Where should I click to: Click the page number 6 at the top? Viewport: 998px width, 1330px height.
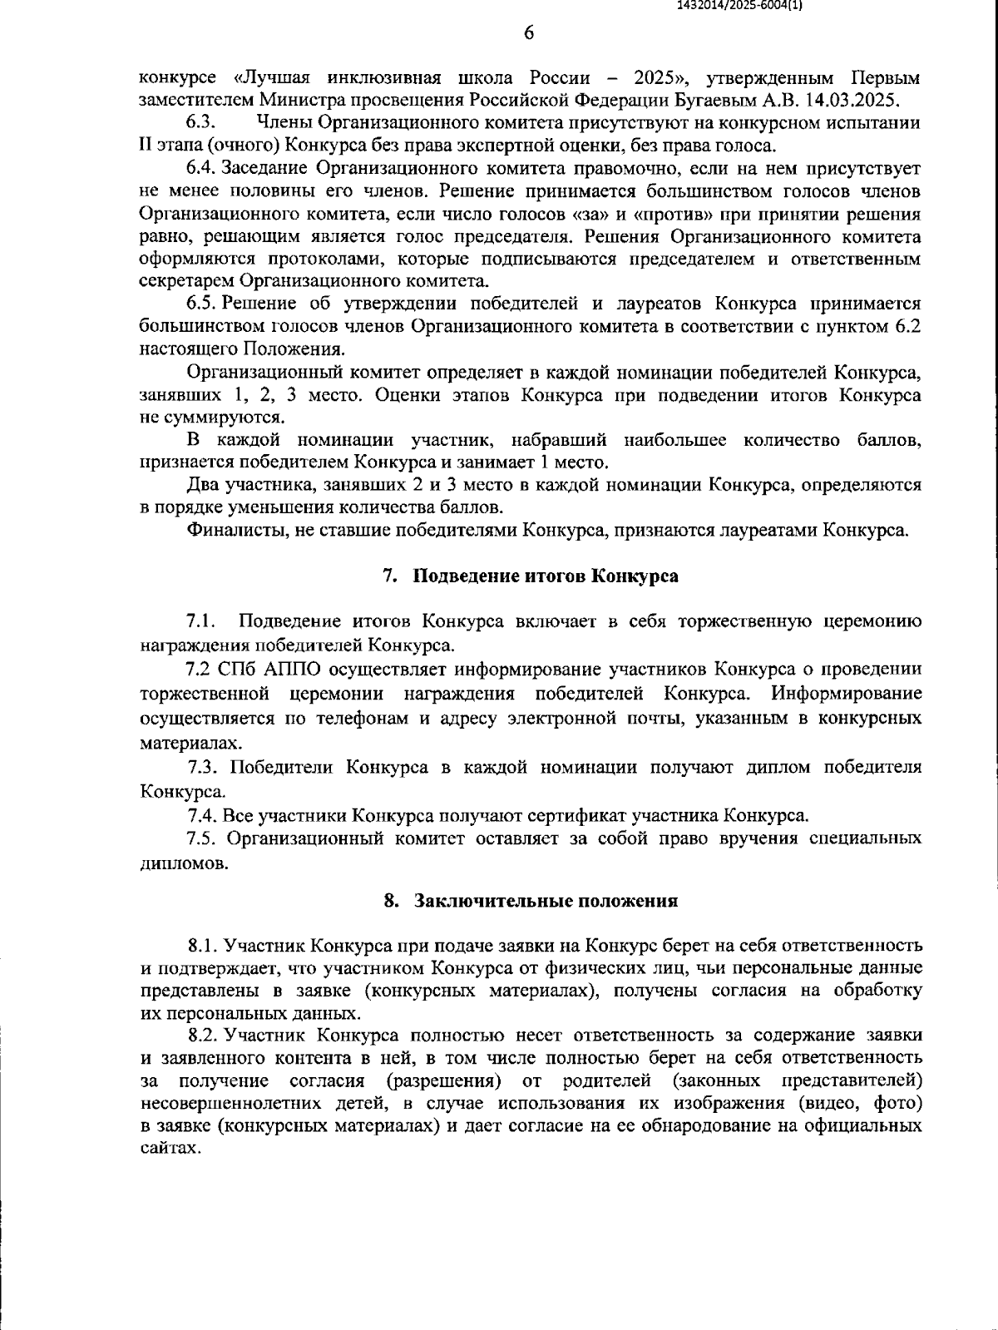click(529, 33)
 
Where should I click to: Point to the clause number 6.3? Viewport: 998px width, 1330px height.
click(202, 123)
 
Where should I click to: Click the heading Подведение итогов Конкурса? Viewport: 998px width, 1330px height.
click(546, 576)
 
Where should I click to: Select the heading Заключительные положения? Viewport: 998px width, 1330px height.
click(546, 901)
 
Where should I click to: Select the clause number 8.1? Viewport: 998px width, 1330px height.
click(205, 946)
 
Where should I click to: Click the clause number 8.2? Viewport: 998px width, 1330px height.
click(205, 1036)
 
